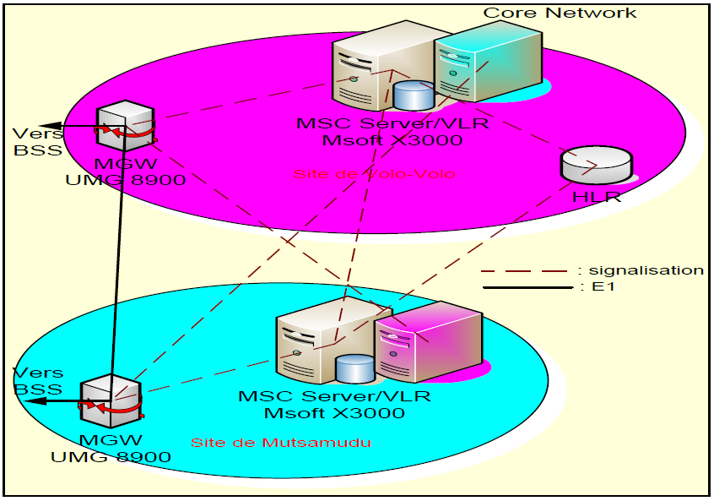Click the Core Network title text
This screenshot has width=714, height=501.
[560, 13]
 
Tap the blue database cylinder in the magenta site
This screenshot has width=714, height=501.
[413, 95]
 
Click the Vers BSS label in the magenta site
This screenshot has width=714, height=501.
[37, 142]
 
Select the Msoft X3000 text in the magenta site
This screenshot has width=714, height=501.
[380, 139]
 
